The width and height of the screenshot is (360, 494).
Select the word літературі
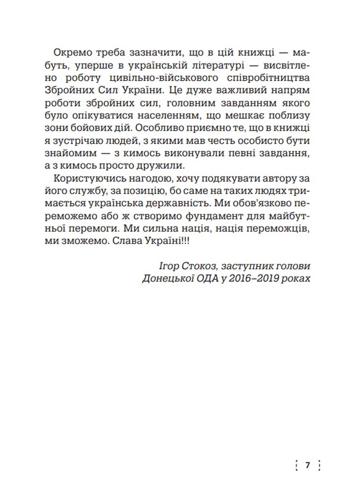pos(203,65)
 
